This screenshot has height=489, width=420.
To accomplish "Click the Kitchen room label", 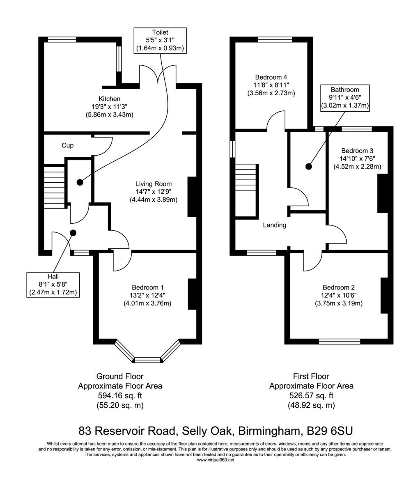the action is coord(110,99).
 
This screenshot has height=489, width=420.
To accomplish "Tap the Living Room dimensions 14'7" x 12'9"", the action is coord(154,192).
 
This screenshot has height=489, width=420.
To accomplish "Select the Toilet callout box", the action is coord(160,41).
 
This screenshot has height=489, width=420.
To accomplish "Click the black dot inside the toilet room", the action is coord(80,182).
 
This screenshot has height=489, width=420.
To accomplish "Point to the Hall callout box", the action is coord(53,285).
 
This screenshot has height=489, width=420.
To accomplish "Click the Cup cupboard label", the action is coord(67,145).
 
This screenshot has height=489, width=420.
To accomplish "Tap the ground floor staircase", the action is coord(54,187).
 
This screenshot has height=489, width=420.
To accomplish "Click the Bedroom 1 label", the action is coord(147,287).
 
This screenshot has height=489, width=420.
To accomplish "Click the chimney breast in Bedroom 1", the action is coord(192,294).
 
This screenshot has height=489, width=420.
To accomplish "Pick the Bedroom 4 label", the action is coord(271,77).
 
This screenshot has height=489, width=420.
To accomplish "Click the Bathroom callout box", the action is coord(345,98).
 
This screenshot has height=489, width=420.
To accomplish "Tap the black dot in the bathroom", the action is coord(309,166).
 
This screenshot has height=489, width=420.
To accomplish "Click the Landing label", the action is coord(274,225).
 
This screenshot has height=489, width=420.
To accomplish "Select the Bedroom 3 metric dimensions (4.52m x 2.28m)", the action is coord(357,167).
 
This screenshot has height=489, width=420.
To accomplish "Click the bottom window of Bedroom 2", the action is coord(339,342).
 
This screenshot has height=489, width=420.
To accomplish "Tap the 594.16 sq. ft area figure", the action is coord(120,395).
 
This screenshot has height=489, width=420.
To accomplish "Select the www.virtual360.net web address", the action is coord(216,460).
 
